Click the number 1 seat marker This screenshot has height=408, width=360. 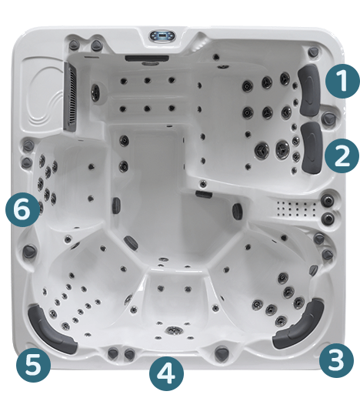click(x=339, y=79)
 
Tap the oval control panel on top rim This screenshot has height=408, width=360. click(x=162, y=35)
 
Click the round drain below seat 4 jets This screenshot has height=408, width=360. click(x=174, y=331)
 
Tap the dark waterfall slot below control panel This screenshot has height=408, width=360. click(x=142, y=59)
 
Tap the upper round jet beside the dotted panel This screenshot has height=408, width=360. click(x=329, y=201)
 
